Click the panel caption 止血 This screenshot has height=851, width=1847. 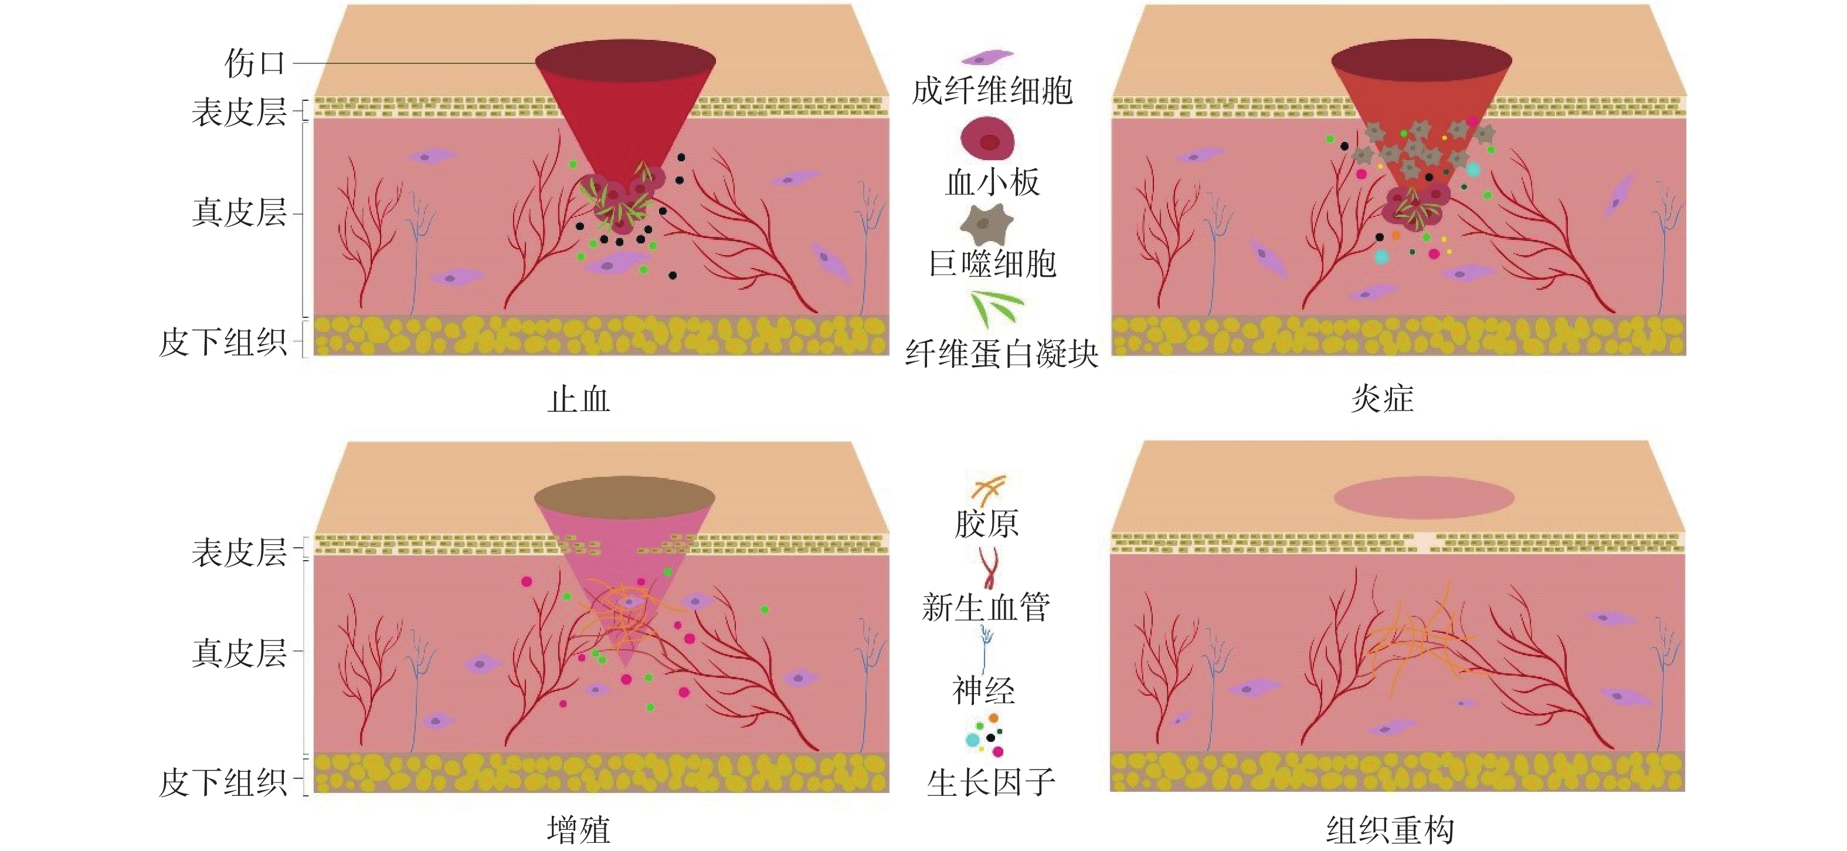[x=579, y=399]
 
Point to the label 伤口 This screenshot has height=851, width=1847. [x=254, y=63]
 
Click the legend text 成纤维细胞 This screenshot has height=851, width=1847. [x=992, y=91]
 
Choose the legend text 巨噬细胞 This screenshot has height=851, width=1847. [x=992, y=264]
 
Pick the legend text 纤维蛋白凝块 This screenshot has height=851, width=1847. [x=1001, y=354]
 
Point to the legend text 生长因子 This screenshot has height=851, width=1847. [x=990, y=782]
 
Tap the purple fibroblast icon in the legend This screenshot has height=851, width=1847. [x=987, y=57]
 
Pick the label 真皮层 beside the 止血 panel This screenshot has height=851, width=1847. [x=239, y=213]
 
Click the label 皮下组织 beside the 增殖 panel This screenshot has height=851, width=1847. [x=222, y=782]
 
